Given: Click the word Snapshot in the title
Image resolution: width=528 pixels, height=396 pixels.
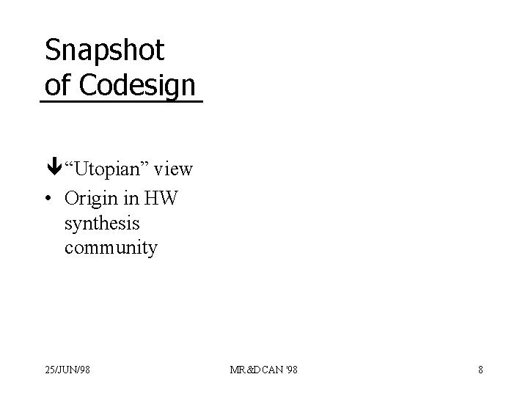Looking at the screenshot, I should pyautogui.click(x=104, y=51).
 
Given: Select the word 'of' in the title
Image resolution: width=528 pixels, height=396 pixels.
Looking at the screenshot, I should pyautogui.click(x=58, y=84).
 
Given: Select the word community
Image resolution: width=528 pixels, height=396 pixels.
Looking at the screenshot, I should pyautogui.click(x=111, y=248).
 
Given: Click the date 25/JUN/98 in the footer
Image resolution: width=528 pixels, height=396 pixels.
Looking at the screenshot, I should pyautogui.click(x=67, y=370).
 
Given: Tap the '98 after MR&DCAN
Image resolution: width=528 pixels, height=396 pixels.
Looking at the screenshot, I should pyautogui.click(x=290, y=370).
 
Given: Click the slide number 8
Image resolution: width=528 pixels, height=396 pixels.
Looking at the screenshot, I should pyautogui.click(x=480, y=370).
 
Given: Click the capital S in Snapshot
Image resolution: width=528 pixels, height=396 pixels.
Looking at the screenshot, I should pyautogui.click(x=52, y=50).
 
